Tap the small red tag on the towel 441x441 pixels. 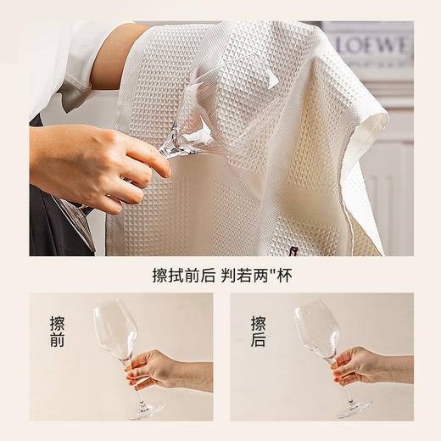[294, 250]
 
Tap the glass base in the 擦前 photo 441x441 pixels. [145, 410]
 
